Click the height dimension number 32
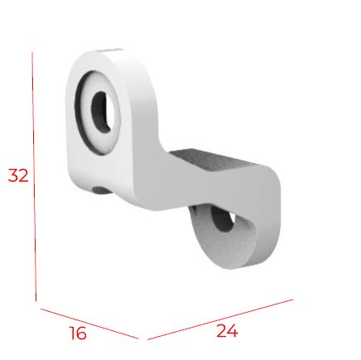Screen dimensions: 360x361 pyautogui.click(x=18, y=175)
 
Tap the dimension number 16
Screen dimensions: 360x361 pyautogui.click(x=77, y=334)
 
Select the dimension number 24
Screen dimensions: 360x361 pyautogui.click(x=227, y=331)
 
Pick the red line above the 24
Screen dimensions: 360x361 pyautogui.click(x=220, y=318)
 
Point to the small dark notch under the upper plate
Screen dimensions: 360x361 pyautogui.click(x=99, y=190)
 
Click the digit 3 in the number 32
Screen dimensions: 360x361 pyautogui.click(x=13, y=175)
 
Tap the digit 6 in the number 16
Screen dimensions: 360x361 pyautogui.click(x=81, y=334)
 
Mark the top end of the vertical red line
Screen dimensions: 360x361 pyautogui.click(x=33, y=53)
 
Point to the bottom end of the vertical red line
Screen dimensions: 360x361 pyautogui.click(x=36, y=300)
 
